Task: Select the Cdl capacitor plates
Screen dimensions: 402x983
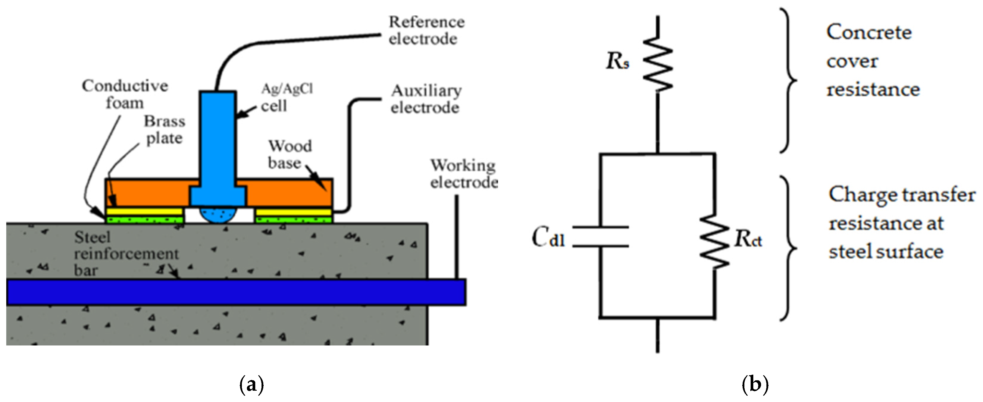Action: point(601,237)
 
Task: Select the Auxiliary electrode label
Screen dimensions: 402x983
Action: point(426,99)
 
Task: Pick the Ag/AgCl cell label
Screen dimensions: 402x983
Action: point(287,98)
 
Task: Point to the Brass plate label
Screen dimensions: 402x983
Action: point(165,130)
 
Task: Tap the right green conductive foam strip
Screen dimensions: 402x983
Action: point(293,220)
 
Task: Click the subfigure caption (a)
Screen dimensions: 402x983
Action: point(251,385)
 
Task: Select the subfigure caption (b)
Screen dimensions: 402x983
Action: point(755,385)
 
